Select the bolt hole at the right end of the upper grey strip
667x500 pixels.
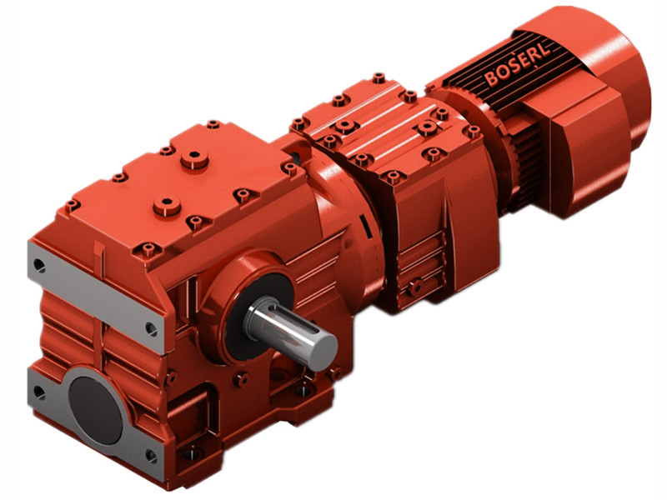150,329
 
